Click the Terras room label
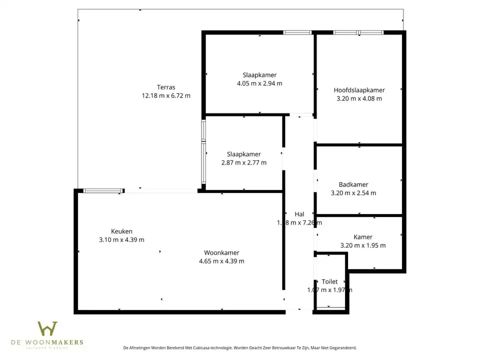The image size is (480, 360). tap(166, 87)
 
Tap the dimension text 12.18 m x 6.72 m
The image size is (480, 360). tap(166, 95)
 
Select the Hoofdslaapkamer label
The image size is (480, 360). tap(359, 90)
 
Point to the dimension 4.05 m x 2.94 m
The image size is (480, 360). tap(259, 83)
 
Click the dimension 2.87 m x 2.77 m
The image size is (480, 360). tap(243, 162)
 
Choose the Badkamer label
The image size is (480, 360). tap(353, 184)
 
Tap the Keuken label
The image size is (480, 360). tap(121, 231)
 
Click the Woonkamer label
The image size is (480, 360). tap(221, 252)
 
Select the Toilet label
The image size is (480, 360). tap(329, 281)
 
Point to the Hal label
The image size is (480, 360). tap(299, 214)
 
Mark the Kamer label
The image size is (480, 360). tap(362, 237)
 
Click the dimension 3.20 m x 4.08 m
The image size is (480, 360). tap(359, 98)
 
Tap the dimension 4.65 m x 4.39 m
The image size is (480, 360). tap(221, 261)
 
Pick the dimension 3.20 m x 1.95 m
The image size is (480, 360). tap(362, 245)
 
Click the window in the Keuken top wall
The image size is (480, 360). tap(103, 190)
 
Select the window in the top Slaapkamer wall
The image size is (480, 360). tap(297, 32)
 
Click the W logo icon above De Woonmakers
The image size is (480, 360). tap(47, 329)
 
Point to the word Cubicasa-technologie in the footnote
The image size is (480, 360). tap(209, 347)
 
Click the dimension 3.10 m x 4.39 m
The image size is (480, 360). tap(121, 239)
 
